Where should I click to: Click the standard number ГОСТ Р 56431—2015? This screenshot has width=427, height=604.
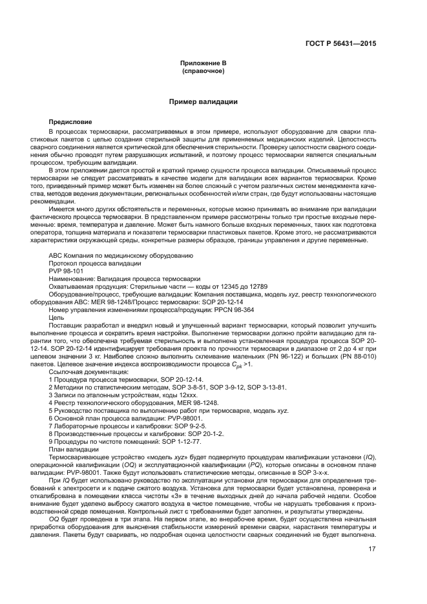[341, 44]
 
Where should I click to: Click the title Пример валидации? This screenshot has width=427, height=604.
[203, 102]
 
